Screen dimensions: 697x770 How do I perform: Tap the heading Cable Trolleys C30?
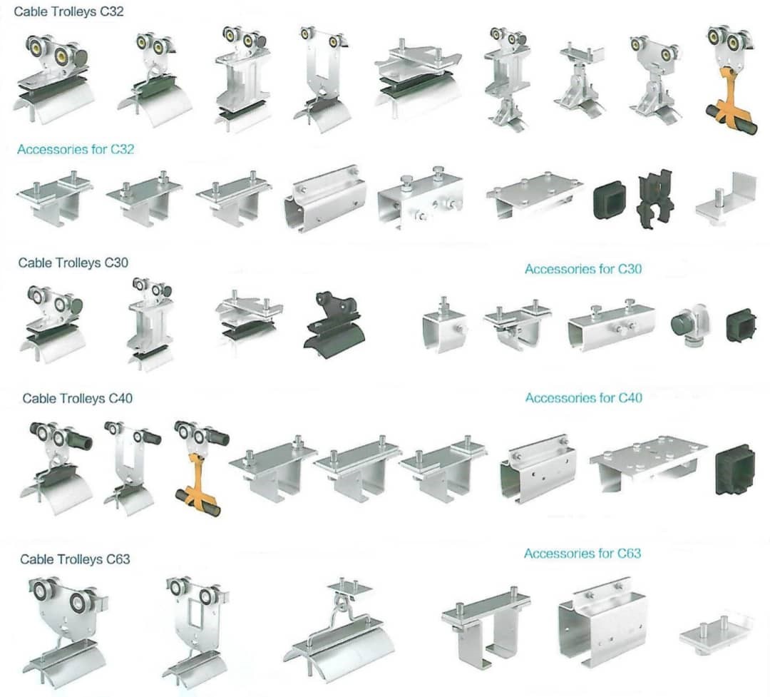click(73, 263)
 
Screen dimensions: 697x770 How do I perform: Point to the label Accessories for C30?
click(583, 269)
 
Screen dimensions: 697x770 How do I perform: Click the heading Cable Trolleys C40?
click(77, 398)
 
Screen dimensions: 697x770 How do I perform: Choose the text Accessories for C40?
click(583, 398)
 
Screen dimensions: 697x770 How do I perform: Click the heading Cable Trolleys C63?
click(75, 559)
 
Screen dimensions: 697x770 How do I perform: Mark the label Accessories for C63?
click(582, 554)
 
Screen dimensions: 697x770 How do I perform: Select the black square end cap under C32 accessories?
click(610, 200)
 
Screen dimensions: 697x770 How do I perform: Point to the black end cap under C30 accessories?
click(741, 326)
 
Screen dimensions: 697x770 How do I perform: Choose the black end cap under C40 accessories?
click(734, 469)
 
